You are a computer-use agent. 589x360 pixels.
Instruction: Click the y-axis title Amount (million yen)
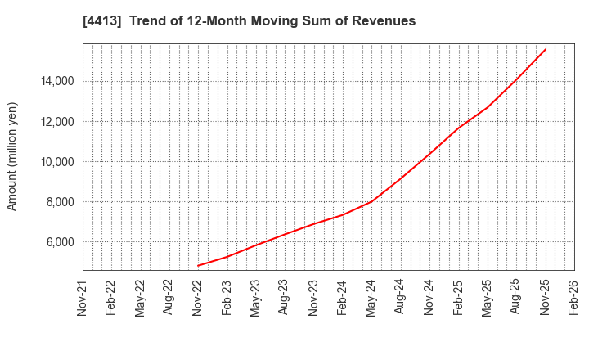(12, 156)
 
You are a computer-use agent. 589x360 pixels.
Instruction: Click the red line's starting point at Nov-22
(198, 266)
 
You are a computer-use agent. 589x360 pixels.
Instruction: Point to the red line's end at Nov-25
(545, 49)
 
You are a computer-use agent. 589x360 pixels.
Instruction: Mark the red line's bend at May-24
(371, 201)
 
